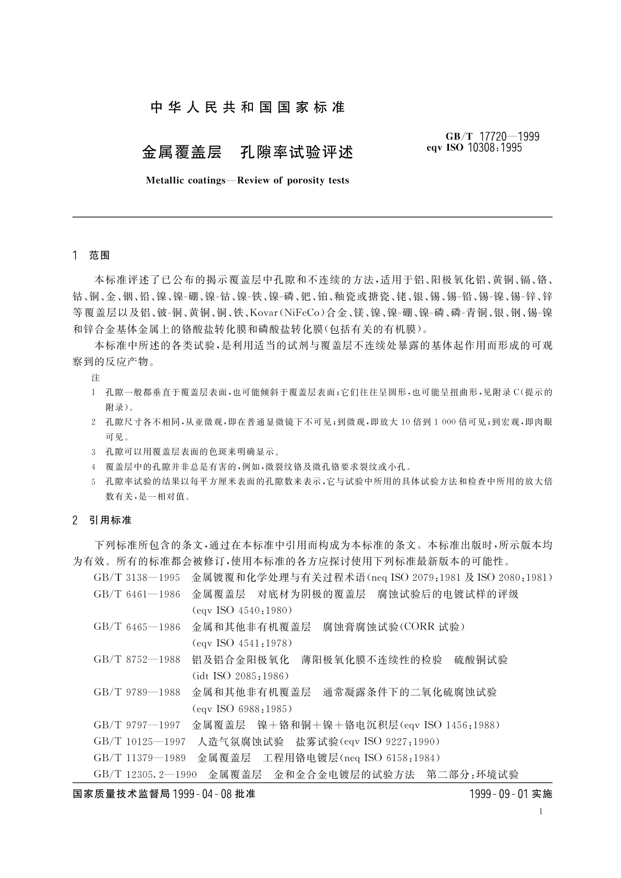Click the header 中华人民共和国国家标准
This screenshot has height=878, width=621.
[x=248, y=108]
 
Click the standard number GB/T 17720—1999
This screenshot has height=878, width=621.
[x=492, y=137]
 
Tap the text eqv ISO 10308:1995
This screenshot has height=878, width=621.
[x=474, y=148]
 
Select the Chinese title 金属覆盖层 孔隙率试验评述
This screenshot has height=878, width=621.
[x=248, y=152]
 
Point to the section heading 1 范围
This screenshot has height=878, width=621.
[x=92, y=255]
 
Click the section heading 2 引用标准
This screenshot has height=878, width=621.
[x=103, y=520]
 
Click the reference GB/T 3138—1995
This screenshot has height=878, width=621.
[x=137, y=578]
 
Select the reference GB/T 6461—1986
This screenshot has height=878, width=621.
[x=137, y=594]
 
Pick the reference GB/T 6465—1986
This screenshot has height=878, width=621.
[x=137, y=627]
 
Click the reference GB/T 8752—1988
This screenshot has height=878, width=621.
[x=137, y=660]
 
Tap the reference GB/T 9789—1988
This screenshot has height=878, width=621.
[x=137, y=692]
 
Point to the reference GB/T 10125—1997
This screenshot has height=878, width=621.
[x=140, y=741]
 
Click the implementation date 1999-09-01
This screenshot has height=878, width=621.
[x=497, y=795]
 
